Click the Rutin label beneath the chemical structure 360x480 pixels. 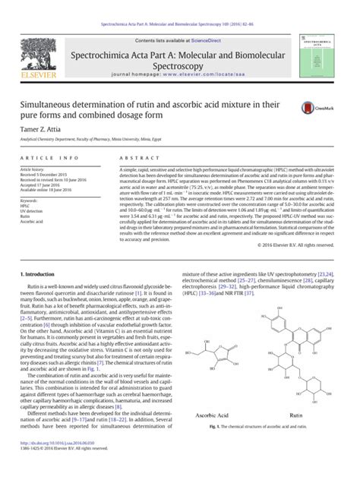[286, 437]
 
